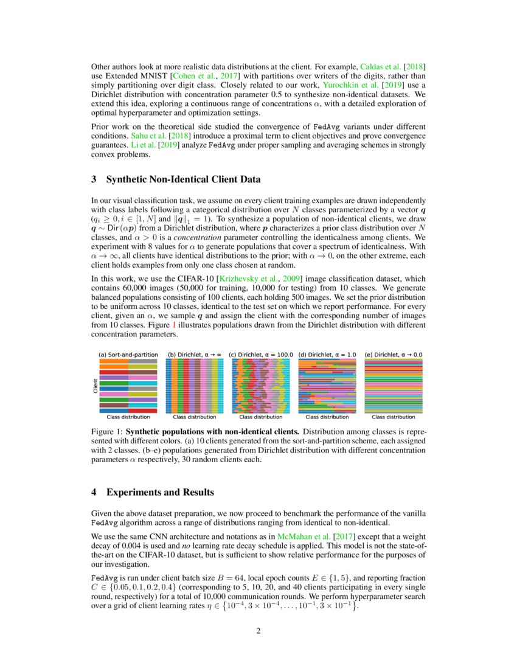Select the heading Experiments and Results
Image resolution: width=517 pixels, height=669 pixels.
tap(160, 491)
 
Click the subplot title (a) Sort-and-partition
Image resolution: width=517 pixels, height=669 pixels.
tap(128, 354)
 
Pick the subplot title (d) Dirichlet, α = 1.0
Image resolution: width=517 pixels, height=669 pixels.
tap(327, 354)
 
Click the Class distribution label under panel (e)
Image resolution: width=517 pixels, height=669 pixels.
tap(394, 417)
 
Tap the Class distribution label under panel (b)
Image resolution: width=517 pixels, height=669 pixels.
tap(195, 417)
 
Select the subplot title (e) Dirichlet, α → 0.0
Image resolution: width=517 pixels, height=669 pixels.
tap(394, 354)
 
